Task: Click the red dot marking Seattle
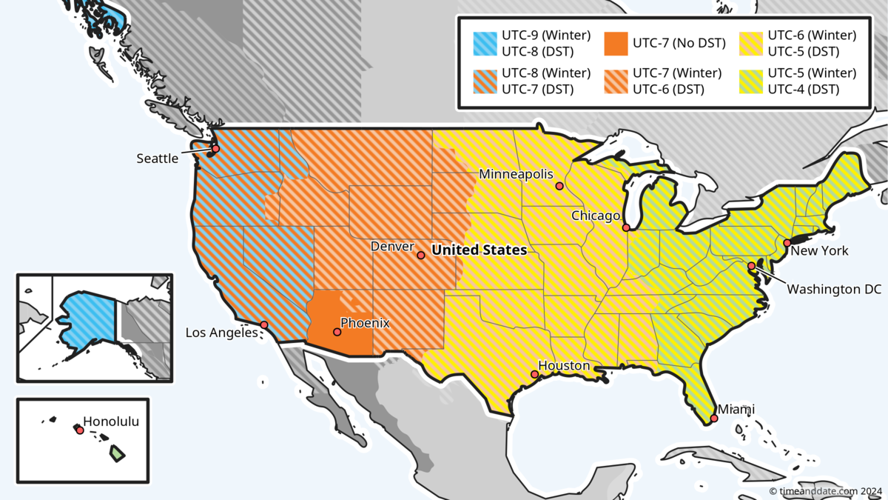point(216,149)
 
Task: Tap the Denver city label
point(392,246)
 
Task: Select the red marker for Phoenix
point(337,332)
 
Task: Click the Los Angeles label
point(221,333)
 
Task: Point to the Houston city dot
point(535,375)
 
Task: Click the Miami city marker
point(714,419)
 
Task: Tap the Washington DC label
point(834,289)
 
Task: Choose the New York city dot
point(787,242)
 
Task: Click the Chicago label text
point(595,216)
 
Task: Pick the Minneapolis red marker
point(559,186)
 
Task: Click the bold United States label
point(479,250)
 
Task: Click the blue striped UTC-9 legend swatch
point(485,43)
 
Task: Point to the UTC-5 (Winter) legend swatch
point(751,81)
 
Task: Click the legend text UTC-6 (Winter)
point(812,35)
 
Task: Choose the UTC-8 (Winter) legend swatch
point(485,81)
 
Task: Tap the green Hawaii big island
point(117,453)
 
